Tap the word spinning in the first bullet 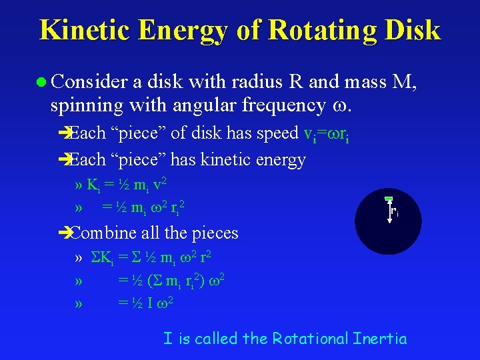tap(83, 105)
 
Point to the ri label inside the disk tap(395, 211)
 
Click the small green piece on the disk tap(389, 198)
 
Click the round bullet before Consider tap(41, 83)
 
